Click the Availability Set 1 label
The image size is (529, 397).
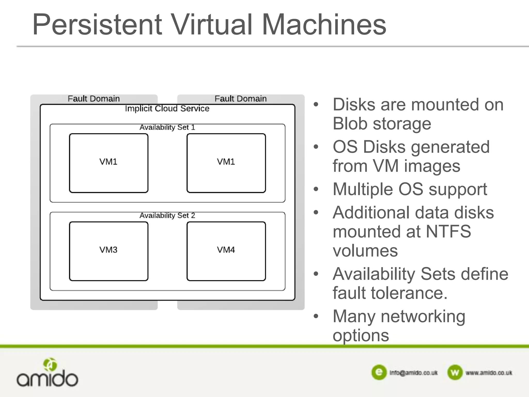click(x=167, y=127)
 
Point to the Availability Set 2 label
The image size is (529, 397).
click(x=167, y=216)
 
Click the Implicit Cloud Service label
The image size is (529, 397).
click(x=167, y=109)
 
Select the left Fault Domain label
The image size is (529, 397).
click(x=94, y=99)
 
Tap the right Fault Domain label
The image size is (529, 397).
click(x=240, y=99)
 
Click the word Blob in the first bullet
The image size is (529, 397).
click(x=350, y=124)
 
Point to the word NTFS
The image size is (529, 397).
click(x=448, y=231)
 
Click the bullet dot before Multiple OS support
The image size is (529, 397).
click(x=316, y=189)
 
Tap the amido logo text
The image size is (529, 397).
click(x=47, y=379)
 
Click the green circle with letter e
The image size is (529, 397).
click(x=379, y=372)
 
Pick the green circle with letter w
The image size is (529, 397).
click(x=455, y=372)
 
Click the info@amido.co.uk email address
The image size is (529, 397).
click(x=414, y=373)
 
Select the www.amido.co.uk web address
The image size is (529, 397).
click(x=489, y=373)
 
